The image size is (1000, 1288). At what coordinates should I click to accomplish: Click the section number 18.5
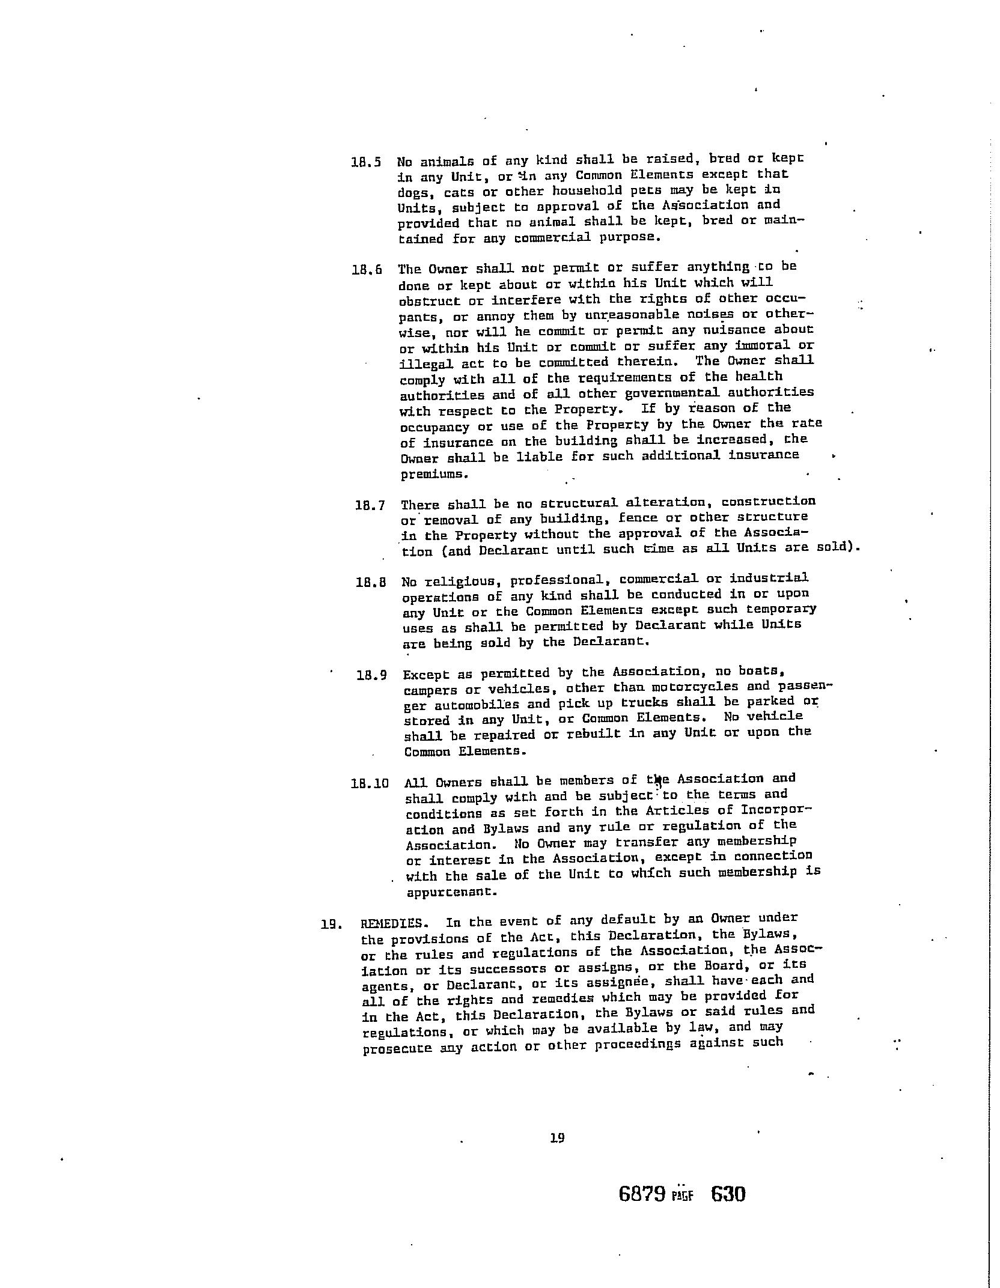(366, 162)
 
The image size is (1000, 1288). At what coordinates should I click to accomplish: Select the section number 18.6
(367, 270)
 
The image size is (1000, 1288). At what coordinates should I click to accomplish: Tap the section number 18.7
(370, 505)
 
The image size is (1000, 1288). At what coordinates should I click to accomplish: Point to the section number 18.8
(371, 582)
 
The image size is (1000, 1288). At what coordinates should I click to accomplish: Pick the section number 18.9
(371, 675)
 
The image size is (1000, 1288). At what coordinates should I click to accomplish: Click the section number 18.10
(370, 783)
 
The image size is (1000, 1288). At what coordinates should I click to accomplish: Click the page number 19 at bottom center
(557, 1137)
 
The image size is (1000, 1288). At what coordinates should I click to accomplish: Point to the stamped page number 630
(728, 1194)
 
